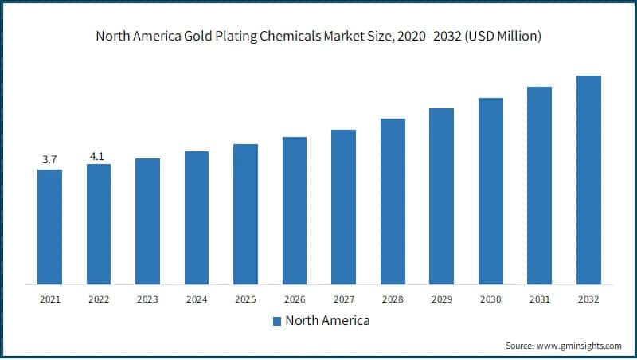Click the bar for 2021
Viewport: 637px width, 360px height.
tap(49, 226)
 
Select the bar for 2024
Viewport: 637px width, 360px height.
tap(197, 217)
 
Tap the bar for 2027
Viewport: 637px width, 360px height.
tap(343, 206)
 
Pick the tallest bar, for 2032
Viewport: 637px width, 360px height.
tap(588, 179)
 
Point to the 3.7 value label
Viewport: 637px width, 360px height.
tap(49, 160)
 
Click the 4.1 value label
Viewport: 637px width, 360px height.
tap(97, 156)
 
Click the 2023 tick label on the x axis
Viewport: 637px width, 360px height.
tap(147, 299)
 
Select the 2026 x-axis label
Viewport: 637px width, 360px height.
tap(295, 299)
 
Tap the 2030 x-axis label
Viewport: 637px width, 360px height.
tap(490, 299)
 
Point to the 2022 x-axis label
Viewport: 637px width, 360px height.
tap(99, 299)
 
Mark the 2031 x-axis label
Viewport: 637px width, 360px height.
tap(540, 299)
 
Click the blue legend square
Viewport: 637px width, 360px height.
tap(277, 321)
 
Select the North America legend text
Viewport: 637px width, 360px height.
tap(327, 321)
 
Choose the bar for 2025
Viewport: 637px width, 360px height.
tap(245, 213)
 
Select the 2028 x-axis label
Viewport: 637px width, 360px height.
tap(393, 299)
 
